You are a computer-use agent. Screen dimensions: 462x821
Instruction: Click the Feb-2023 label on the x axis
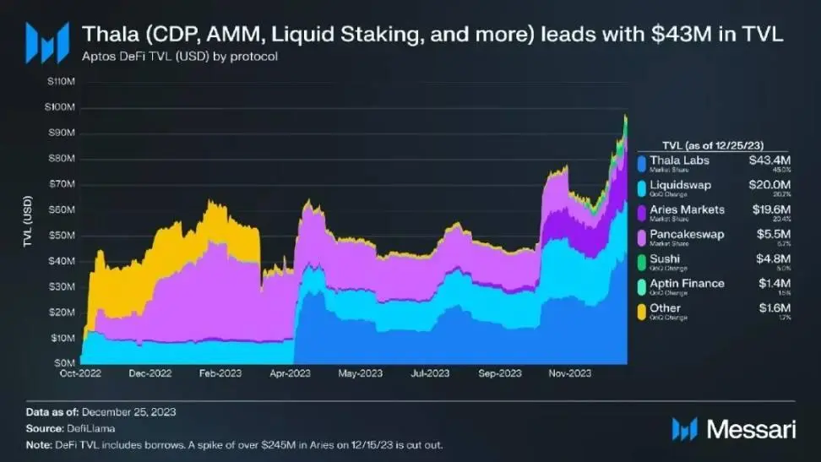click(221, 372)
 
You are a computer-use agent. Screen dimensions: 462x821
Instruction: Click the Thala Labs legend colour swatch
click(644, 162)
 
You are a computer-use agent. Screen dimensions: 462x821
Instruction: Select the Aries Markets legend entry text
click(692, 209)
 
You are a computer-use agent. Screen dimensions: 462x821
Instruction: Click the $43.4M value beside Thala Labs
click(769, 160)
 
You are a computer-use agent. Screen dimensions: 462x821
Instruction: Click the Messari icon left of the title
click(47, 41)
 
